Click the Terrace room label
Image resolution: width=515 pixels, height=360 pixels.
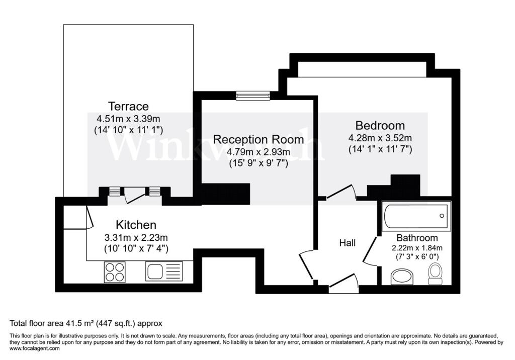click(129, 107)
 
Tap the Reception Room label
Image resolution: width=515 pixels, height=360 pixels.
click(258, 139)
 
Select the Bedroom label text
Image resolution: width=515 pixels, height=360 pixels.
click(380, 125)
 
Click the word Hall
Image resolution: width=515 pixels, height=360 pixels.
click(347, 243)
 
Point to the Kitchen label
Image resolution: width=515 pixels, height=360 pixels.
click(136, 225)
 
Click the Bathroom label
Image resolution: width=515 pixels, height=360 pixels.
click(417, 238)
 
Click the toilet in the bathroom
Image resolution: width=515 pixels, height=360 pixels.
click(435, 274)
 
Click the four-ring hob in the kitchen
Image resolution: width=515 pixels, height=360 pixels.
click(115, 272)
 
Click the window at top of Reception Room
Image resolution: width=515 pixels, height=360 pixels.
click(253, 96)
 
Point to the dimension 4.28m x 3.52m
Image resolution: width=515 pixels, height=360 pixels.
click(380, 138)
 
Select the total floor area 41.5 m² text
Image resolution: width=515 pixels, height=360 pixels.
click(86, 323)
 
